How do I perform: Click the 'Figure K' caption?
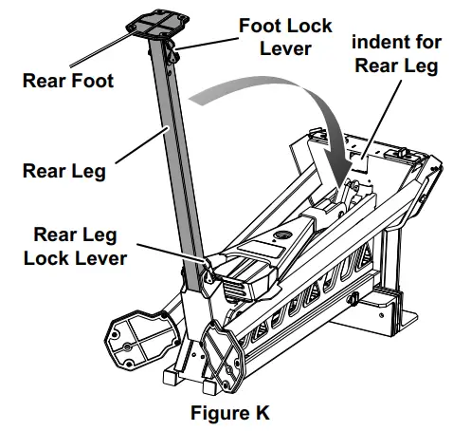point(227,413)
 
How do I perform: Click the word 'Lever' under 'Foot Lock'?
point(285,48)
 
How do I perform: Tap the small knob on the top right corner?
point(406,150)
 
